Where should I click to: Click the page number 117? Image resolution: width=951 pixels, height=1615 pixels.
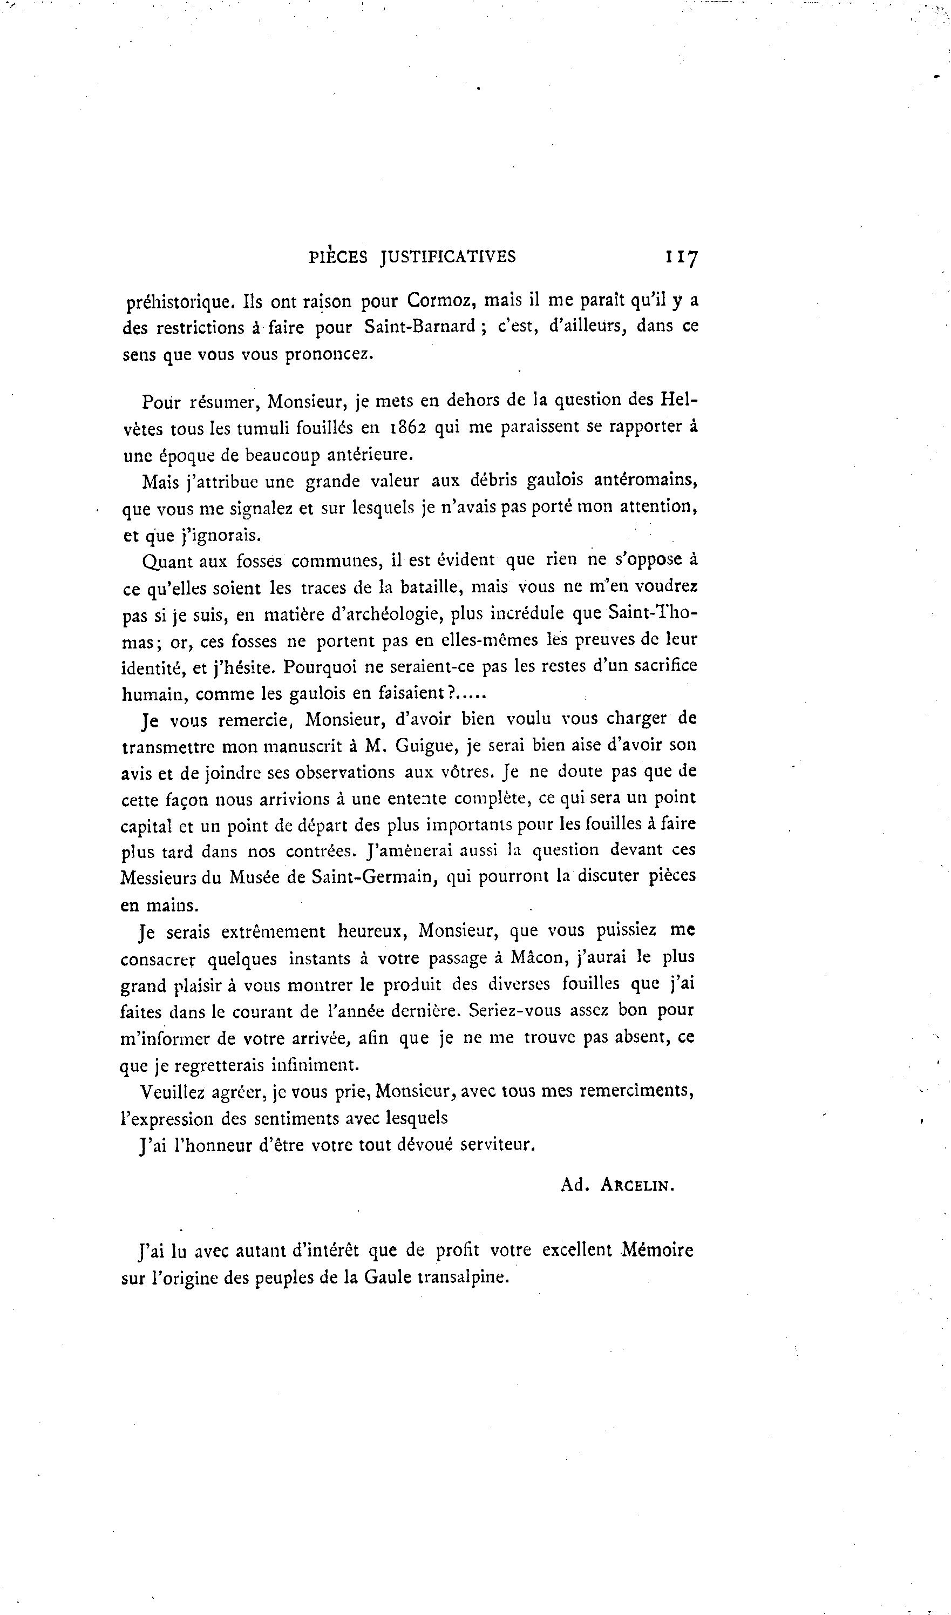682,257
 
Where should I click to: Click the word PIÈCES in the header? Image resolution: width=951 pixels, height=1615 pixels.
338,257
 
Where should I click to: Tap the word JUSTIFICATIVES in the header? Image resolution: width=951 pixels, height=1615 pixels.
448,257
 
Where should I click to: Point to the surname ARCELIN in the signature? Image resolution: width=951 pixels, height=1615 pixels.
637,1185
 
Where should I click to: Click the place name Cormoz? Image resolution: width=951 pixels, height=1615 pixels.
439,301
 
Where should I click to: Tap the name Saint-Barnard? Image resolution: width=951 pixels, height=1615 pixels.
420,327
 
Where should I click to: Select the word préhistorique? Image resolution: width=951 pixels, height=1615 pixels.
178,301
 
